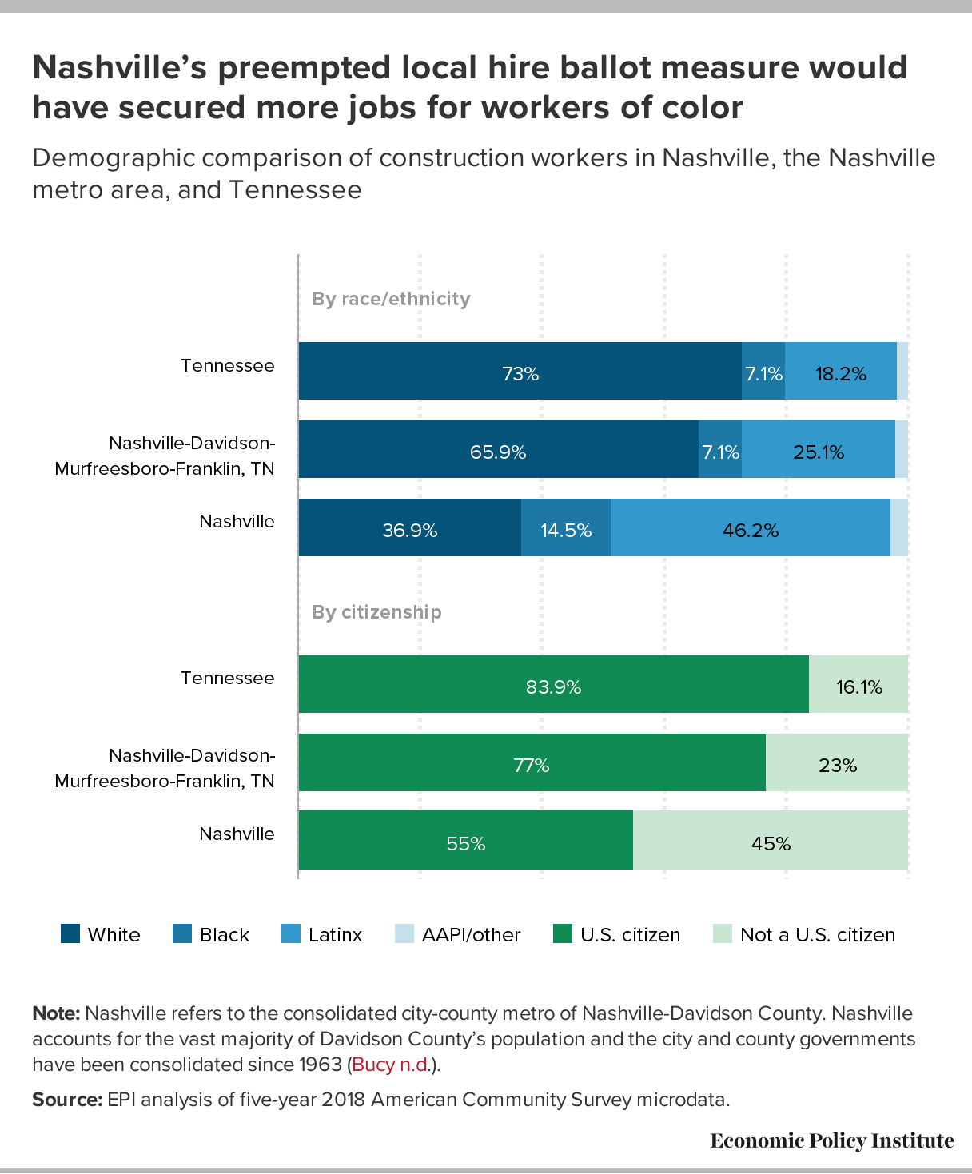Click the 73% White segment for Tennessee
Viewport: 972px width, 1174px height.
tap(520, 372)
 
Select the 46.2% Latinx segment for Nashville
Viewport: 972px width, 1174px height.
tap(750, 528)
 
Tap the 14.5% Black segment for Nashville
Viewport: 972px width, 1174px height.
tap(566, 528)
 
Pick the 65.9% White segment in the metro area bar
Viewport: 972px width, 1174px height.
tap(498, 450)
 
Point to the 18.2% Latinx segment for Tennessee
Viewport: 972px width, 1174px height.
tap(840, 372)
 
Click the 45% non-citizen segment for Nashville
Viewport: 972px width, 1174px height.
tap(771, 841)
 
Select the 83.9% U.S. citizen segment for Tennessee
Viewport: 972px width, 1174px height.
tap(553, 685)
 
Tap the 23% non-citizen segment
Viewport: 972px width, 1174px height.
tap(837, 763)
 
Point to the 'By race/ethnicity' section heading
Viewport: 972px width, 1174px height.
tap(391, 299)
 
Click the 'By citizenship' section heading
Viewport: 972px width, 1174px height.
tap(376, 612)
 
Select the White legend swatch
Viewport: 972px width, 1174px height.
tap(70, 933)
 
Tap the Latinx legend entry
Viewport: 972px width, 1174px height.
tap(322, 934)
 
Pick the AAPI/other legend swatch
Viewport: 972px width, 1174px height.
tap(404, 933)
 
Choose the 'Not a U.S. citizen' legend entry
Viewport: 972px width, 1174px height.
tap(804, 934)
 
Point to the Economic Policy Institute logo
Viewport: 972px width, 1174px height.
tap(831, 1140)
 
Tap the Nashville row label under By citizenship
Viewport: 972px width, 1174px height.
tap(237, 834)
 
